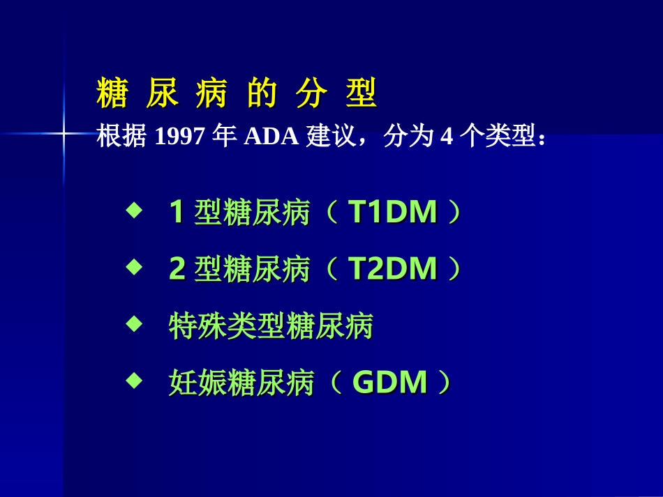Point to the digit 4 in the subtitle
[447, 137]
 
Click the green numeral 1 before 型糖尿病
[177, 213]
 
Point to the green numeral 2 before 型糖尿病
[177, 269]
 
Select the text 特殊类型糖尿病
[271, 326]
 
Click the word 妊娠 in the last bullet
[198, 383]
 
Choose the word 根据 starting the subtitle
[120, 137]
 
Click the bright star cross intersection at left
[64, 132]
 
